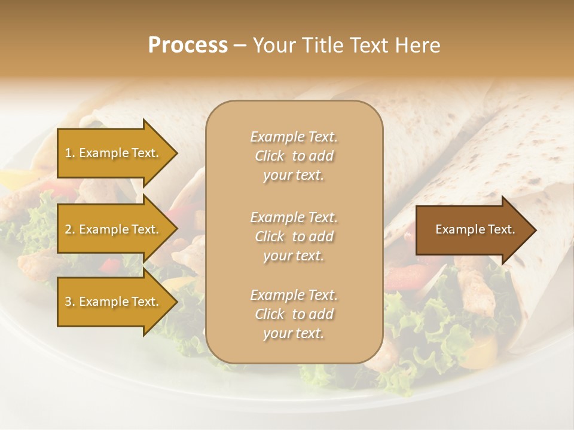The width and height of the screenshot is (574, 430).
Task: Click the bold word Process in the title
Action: (x=188, y=45)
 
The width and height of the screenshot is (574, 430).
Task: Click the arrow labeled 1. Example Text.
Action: (x=114, y=153)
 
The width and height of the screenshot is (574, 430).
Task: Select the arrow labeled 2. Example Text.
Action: (x=114, y=229)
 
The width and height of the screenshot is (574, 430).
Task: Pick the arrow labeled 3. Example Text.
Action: (x=114, y=302)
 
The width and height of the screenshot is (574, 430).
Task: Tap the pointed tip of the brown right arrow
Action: (x=535, y=230)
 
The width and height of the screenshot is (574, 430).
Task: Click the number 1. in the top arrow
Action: (x=70, y=153)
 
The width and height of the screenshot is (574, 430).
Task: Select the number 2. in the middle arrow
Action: (x=70, y=229)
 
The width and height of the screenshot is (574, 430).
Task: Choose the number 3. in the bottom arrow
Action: (x=70, y=302)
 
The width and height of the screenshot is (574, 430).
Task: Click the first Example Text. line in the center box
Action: (x=294, y=137)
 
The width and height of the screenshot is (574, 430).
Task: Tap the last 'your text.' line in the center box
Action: (x=294, y=333)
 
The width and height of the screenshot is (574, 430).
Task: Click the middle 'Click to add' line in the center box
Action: (x=294, y=236)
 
